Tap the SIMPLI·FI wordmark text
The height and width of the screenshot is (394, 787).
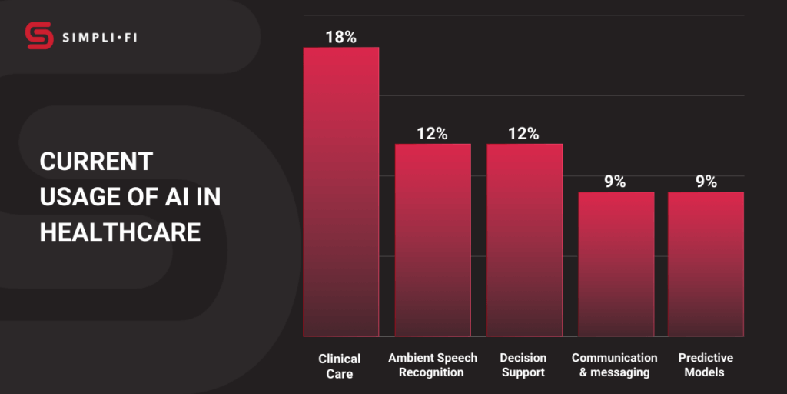(x=100, y=36)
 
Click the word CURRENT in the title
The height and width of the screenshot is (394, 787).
(x=96, y=162)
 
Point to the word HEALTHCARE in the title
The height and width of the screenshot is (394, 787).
(x=120, y=232)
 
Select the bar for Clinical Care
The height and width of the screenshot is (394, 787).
(x=340, y=192)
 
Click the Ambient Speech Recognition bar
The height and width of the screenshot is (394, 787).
(x=433, y=240)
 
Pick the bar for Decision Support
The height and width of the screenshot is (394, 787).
(x=524, y=240)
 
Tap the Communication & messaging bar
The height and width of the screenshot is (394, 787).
(x=616, y=264)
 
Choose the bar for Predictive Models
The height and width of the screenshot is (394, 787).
(x=706, y=264)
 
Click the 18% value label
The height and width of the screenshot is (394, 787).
(x=340, y=37)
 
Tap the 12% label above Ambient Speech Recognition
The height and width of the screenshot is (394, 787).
(x=432, y=133)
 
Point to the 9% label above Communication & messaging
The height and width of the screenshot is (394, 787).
(x=615, y=182)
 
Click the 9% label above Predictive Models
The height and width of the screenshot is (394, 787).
(x=706, y=182)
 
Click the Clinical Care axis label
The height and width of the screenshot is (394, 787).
(x=340, y=366)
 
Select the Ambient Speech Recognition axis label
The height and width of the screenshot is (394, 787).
(x=433, y=365)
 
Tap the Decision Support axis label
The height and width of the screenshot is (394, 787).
(x=523, y=365)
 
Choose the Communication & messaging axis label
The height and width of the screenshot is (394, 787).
(x=615, y=365)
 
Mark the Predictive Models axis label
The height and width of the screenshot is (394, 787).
(x=706, y=365)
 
